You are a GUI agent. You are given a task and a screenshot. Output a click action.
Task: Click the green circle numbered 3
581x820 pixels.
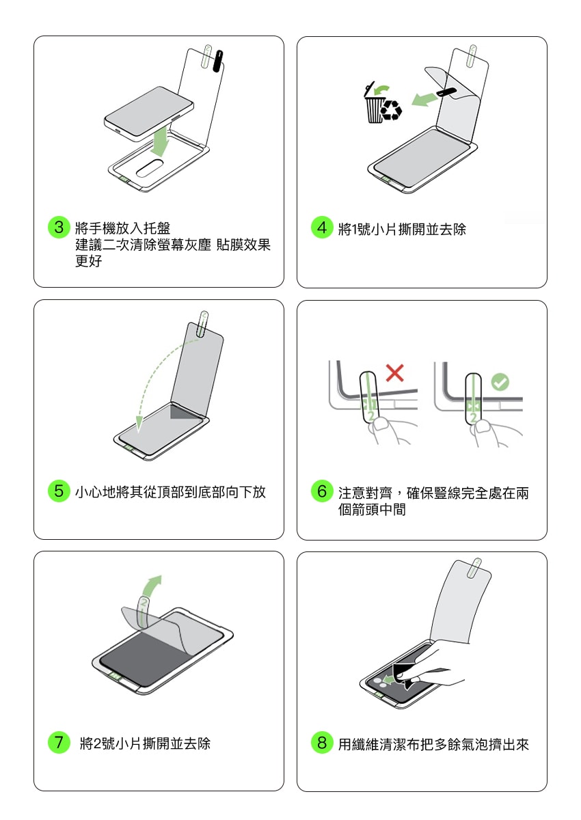59,227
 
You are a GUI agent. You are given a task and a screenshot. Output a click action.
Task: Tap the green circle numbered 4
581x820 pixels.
322,228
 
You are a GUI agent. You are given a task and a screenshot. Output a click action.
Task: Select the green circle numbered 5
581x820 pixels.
59,491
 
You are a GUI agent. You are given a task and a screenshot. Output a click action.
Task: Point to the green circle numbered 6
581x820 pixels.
322,491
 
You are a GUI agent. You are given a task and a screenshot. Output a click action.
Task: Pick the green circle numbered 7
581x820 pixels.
59,742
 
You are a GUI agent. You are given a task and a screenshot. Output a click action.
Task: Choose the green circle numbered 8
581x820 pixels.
322,742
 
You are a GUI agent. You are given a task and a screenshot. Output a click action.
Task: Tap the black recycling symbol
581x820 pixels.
392,110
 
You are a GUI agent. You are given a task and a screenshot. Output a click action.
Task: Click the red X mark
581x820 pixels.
394,373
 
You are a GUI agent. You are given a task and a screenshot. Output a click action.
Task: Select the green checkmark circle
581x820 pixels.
500,382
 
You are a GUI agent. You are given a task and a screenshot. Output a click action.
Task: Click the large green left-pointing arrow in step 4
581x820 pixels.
424,99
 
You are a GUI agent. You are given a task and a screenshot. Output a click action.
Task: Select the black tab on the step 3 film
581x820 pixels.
218,61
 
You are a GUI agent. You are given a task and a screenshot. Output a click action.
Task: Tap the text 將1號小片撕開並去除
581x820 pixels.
402,229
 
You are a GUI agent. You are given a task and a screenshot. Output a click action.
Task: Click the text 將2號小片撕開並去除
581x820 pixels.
146,743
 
